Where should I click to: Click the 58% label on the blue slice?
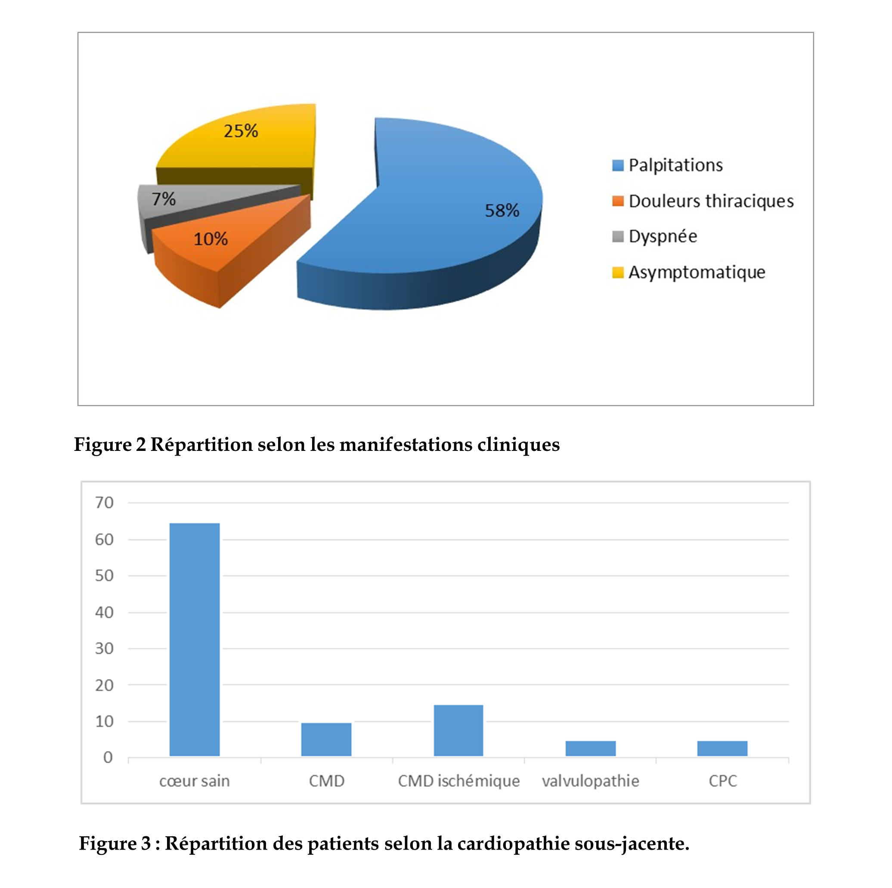(502, 211)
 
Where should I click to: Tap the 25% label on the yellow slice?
(241, 131)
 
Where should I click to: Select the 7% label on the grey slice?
(164, 199)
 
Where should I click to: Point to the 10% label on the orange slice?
(211, 239)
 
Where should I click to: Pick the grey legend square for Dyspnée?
(618, 236)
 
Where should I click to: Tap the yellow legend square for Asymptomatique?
(618, 273)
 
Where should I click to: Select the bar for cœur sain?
(195, 639)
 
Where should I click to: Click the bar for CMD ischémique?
(458, 730)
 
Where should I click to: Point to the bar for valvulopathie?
(591, 748)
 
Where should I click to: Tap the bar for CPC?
(722, 748)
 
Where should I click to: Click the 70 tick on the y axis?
(104, 503)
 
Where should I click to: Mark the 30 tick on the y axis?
(104, 648)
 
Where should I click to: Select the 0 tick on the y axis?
(108, 758)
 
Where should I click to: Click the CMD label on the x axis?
(326, 781)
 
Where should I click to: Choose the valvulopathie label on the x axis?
(591, 781)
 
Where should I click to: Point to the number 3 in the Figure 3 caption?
(146, 843)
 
